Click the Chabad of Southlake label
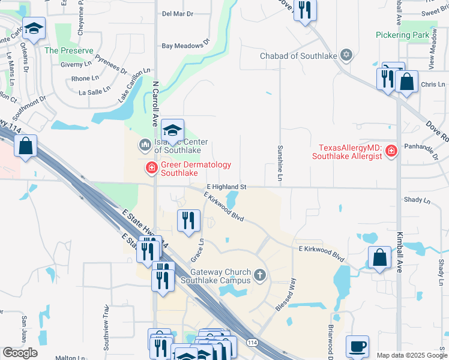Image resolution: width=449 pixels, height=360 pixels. [298, 56]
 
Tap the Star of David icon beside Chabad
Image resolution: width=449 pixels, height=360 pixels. [346, 56]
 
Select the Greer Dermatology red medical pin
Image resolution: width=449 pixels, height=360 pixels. [151, 169]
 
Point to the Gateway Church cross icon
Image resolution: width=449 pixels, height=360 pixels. [259, 276]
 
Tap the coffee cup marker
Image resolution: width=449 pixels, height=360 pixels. [357, 346]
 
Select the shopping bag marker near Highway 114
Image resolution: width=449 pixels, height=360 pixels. [26, 146]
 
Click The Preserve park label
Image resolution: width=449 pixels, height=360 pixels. [68, 50]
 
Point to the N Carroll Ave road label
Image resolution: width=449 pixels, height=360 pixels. [155, 102]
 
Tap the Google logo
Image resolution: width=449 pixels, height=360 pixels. [20, 353]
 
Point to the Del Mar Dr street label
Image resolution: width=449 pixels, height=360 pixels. [178, 13]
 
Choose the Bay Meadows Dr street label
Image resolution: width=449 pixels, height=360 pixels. [185, 44]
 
